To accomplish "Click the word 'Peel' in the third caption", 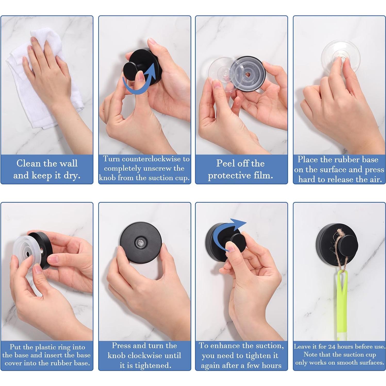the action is [x=225, y=163].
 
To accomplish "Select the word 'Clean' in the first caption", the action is [x=28, y=163].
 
